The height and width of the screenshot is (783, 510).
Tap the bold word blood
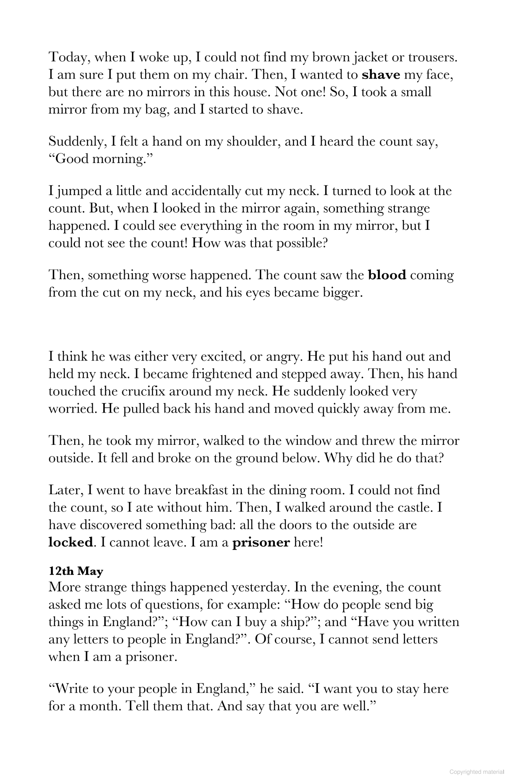[387, 275]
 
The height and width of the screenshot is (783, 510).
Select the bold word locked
[71, 542]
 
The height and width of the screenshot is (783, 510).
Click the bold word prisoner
[261, 542]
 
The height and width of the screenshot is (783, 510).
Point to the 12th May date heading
[76, 571]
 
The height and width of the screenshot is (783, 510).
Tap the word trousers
[433, 57]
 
